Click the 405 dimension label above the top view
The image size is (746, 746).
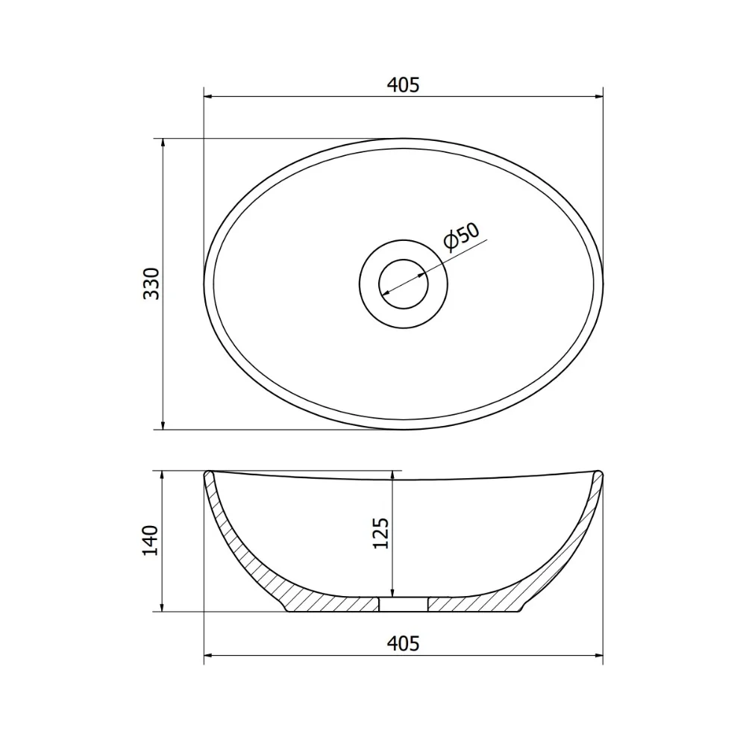pyautogui.click(x=403, y=85)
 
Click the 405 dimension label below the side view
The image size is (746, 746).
pyautogui.click(x=403, y=643)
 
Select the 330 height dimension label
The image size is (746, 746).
pyautogui.click(x=151, y=284)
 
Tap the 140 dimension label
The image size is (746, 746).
pyautogui.click(x=151, y=540)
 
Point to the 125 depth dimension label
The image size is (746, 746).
pyautogui.click(x=380, y=533)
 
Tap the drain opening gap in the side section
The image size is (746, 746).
pyautogui.click(x=404, y=604)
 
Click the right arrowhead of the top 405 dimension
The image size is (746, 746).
pyautogui.click(x=598, y=97)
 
